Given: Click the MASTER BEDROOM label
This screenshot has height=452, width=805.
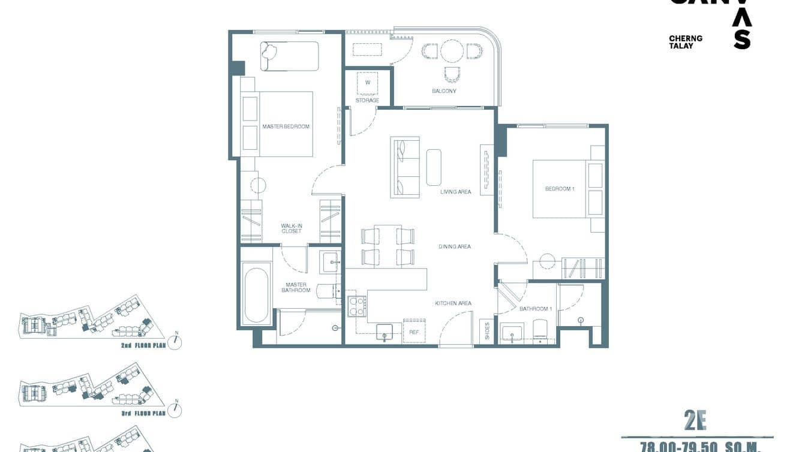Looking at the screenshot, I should [x=286, y=126].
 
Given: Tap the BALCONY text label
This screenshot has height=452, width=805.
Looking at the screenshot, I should [x=444, y=91].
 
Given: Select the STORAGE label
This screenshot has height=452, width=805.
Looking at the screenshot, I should [x=367, y=100].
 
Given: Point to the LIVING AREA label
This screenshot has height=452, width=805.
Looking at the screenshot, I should [x=455, y=192].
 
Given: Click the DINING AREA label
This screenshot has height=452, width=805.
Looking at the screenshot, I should [x=454, y=246].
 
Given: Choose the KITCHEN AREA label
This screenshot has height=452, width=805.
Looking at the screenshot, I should [x=453, y=303].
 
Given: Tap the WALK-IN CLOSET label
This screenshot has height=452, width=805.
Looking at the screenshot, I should [x=292, y=228].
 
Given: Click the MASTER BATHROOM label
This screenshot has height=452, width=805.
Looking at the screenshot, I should [x=296, y=288].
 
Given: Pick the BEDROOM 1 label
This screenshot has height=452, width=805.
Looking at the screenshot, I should [x=560, y=189].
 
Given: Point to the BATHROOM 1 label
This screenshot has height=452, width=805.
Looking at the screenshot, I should [x=535, y=309].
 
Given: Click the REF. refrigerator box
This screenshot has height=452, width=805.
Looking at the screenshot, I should [x=414, y=331].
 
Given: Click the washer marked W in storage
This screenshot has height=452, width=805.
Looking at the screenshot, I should [x=368, y=83].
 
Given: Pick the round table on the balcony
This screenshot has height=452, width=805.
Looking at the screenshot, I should [x=452, y=52].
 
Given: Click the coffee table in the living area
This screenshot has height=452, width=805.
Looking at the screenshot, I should [x=434, y=167].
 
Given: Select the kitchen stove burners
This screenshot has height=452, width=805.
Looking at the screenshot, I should [x=358, y=306].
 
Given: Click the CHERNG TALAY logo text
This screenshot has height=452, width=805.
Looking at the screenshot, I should [x=686, y=42].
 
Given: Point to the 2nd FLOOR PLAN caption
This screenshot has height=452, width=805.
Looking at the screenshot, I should [x=143, y=346].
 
